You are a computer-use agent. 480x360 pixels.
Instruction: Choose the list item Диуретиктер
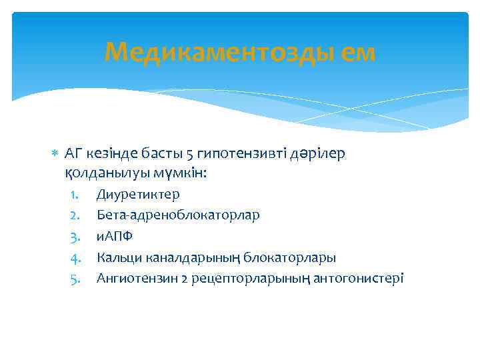tap(137, 194)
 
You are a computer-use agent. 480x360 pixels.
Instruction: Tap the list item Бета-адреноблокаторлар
tap(178, 215)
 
